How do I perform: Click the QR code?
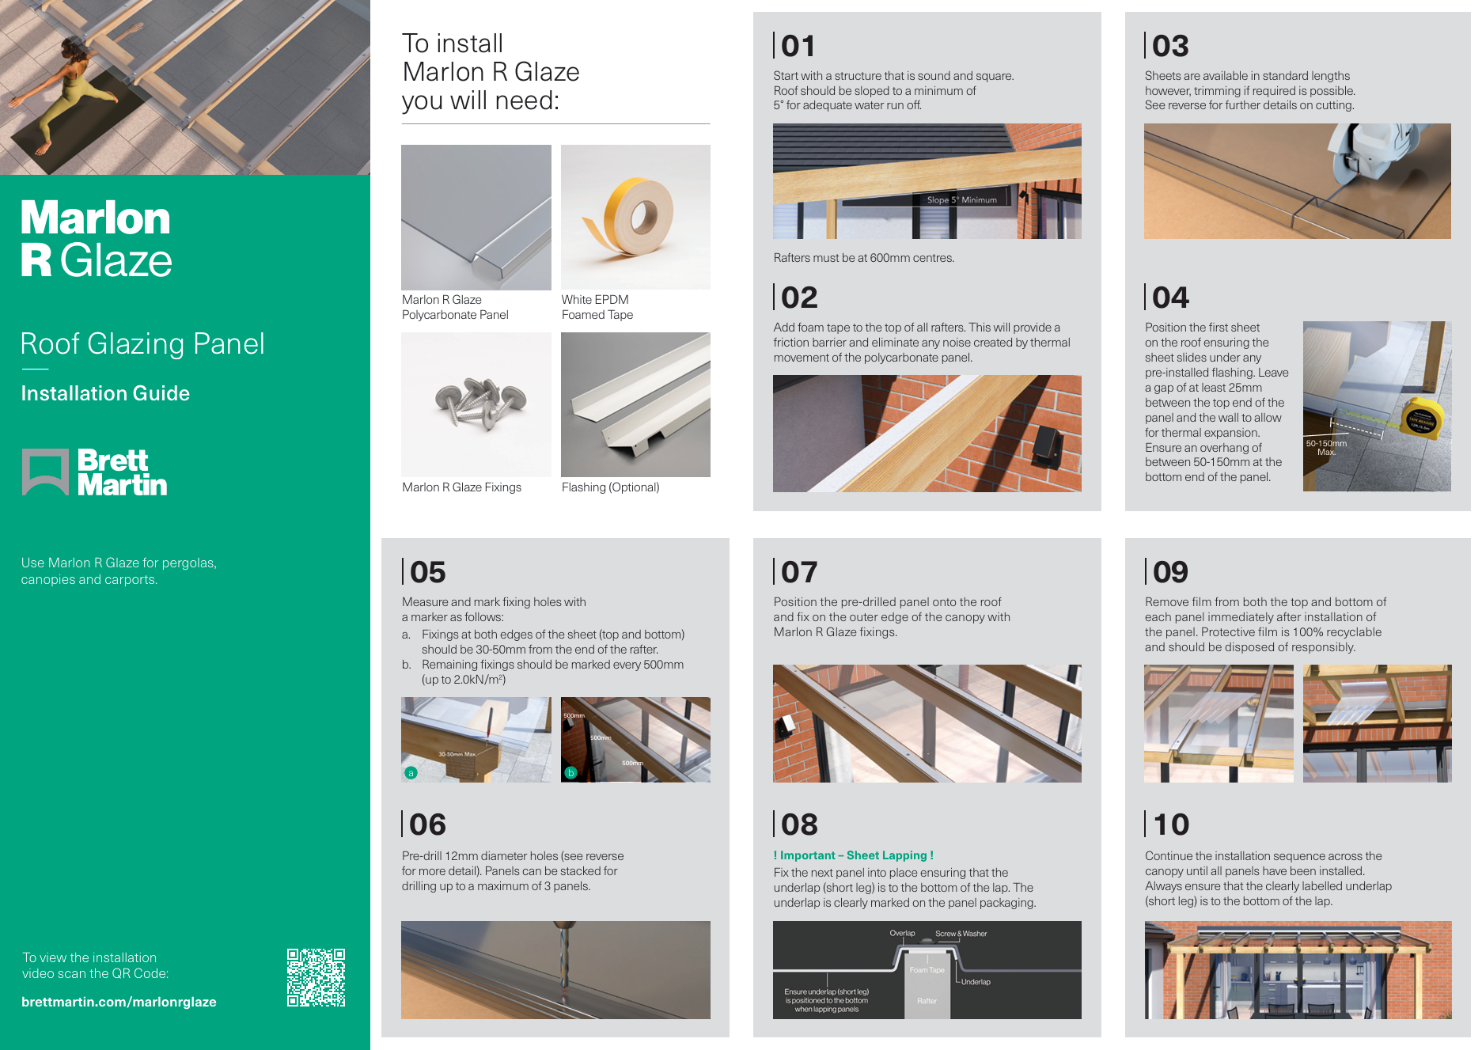pyautogui.click(x=316, y=977)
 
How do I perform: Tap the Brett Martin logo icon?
pyautogui.click(x=45, y=472)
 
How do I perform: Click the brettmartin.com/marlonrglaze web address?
pyautogui.click(x=119, y=1002)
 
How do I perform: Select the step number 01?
pyautogui.click(x=798, y=46)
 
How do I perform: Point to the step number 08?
pyautogui.click(x=799, y=824)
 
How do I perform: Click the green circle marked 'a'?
pyautogui.click(x=411, y=772)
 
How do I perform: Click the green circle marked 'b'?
pyautogui.click(x=570, y=772)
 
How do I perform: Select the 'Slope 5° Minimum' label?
pyautogui.click(x=961, y=200)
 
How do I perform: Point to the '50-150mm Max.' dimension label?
pyautogui.click(x=1326, y=448)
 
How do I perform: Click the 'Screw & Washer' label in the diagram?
pyautogui.click(x=961, y=934)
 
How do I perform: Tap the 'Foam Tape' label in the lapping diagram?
pyautogui.click(x=927, y=970)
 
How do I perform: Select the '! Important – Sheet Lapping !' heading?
pyautogui.click(x=853, y=855)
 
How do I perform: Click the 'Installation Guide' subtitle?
pyautogui.click(x=105, y=393)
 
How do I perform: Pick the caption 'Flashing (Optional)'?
pyautogui.click(x=610, y=487)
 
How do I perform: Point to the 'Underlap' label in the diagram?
pyautogui.click(x=976, y=982)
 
